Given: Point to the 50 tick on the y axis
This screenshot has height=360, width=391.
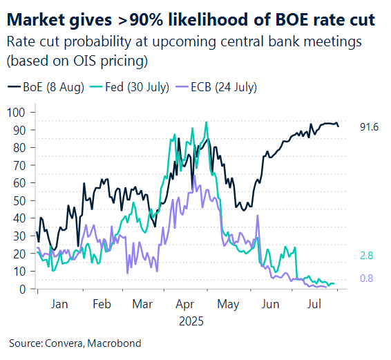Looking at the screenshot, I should pyautogui.click(x=21, y=200).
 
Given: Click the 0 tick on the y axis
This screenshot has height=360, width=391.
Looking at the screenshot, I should pyautogui.click(x=24, y=289).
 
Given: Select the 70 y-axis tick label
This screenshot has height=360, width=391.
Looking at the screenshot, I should pyautogui.click(x=21, y=165).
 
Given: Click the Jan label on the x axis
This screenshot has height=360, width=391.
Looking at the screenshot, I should pyautogui.click(x=60, y=304).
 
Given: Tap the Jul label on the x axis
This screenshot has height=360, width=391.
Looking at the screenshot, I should pyautogui.click(x=314, y=304).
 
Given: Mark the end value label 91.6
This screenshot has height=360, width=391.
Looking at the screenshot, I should pyautogui.click(x=370, y=127).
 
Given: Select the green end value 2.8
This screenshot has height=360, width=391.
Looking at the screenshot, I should pyautogui.click(x=367, y=255).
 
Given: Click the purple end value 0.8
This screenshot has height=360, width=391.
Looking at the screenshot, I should pyautogui.click(x=367, y=278).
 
